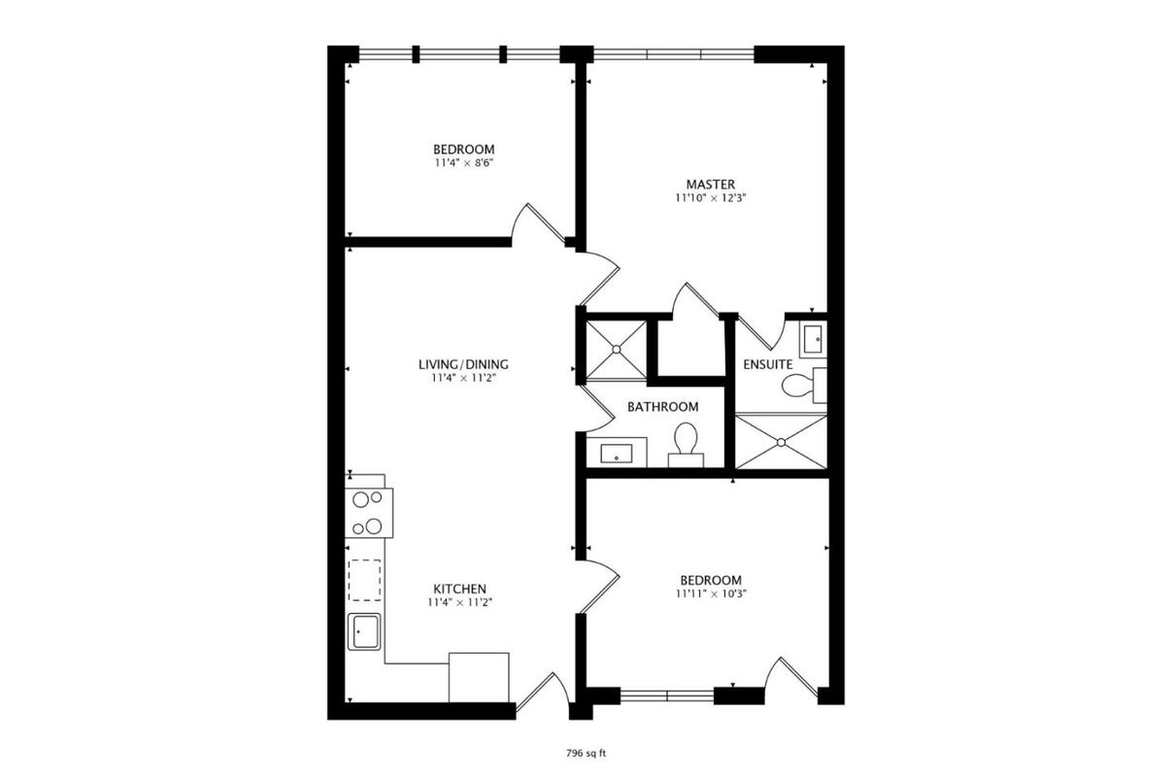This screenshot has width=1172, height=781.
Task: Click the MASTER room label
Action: point(710,184)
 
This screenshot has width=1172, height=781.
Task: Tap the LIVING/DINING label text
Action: point(463,364)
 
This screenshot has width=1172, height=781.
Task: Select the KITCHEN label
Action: point(459,589)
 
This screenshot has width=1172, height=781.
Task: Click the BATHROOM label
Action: point(662,407)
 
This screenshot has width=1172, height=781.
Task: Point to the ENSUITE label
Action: point(768,364)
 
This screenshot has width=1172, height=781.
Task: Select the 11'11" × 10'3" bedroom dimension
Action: point(711,593)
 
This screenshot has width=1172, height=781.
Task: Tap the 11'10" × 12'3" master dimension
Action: point(710,197)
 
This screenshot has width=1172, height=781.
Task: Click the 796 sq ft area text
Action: point(586,753)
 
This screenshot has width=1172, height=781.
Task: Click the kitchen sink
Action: point(365,631)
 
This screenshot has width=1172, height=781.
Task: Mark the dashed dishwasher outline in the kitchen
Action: point(365,580)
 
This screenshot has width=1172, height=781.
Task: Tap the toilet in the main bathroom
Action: point(686,442)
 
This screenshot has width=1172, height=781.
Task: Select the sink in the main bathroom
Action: point(617,453)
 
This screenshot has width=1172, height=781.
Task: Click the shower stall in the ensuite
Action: point(781,442)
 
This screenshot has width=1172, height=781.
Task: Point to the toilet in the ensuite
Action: point(799,386)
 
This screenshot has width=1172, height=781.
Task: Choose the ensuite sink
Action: point(813,340)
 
